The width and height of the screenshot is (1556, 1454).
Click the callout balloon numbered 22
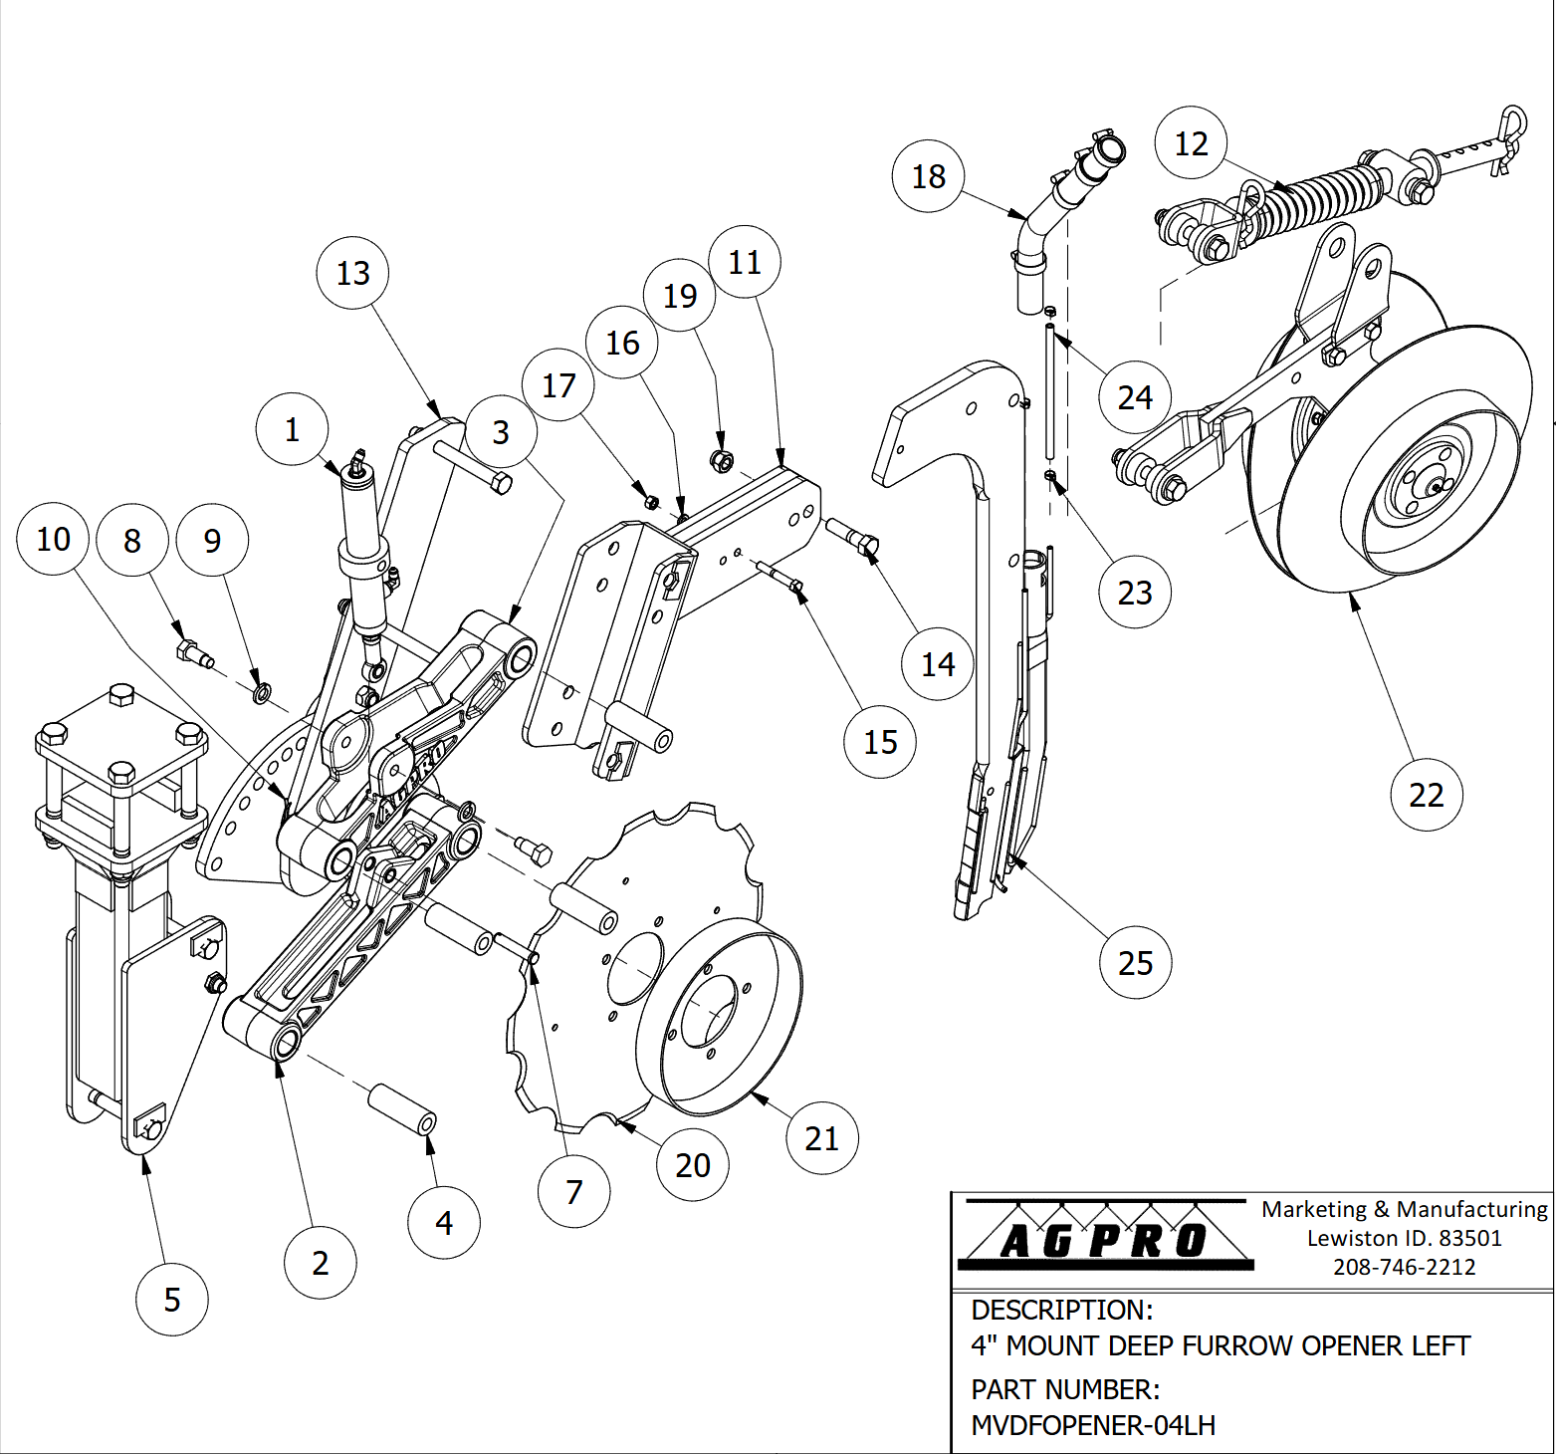tap(1427, 795)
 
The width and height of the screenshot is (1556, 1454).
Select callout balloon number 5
tap(172, 1300)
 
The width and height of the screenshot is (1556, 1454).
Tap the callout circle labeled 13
tap(352, 273)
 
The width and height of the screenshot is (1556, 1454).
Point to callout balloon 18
tap(929, 176)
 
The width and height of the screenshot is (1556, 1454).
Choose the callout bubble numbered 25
tap(1136, 963)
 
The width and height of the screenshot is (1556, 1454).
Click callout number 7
tap(573, 1192)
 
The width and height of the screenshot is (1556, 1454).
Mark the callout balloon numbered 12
tap(1191, 143)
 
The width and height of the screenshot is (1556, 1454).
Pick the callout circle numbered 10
tap(53, 539)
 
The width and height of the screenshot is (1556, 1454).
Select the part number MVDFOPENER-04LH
tap(1093, 1425)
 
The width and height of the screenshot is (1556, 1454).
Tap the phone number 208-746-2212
tap(1404, 1267)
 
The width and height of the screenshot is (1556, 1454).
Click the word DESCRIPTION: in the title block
tap(1061, 1310)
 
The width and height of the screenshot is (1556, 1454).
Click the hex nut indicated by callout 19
tap(722, 461)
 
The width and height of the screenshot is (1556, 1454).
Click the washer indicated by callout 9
tap(262, 692)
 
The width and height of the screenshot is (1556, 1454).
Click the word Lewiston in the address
tap(1338, 1238)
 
